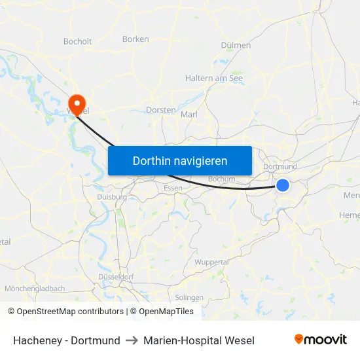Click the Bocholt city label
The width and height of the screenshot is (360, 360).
coord(77,41)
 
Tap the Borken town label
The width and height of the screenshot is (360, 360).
coord(135,39)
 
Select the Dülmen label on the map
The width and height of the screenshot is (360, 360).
coord(236,45)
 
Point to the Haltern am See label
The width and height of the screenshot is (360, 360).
coord(214,78)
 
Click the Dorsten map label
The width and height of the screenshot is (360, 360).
coord(160,110)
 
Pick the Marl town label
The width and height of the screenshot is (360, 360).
coord(189,114)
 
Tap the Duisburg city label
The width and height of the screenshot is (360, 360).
coord(111,196)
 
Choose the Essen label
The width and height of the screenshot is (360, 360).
coord(173,188)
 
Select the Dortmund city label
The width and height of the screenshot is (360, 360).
coord(279,167)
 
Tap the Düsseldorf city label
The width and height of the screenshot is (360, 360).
coord(115,277)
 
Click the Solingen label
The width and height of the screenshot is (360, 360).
coord(189,297)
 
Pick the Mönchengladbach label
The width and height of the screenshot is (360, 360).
coord(35,289)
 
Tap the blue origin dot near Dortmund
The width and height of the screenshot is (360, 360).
coord(283,185)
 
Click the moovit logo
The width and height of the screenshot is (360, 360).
coord(320,340)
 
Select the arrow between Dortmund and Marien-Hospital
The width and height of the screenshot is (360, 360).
coord(132,340)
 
